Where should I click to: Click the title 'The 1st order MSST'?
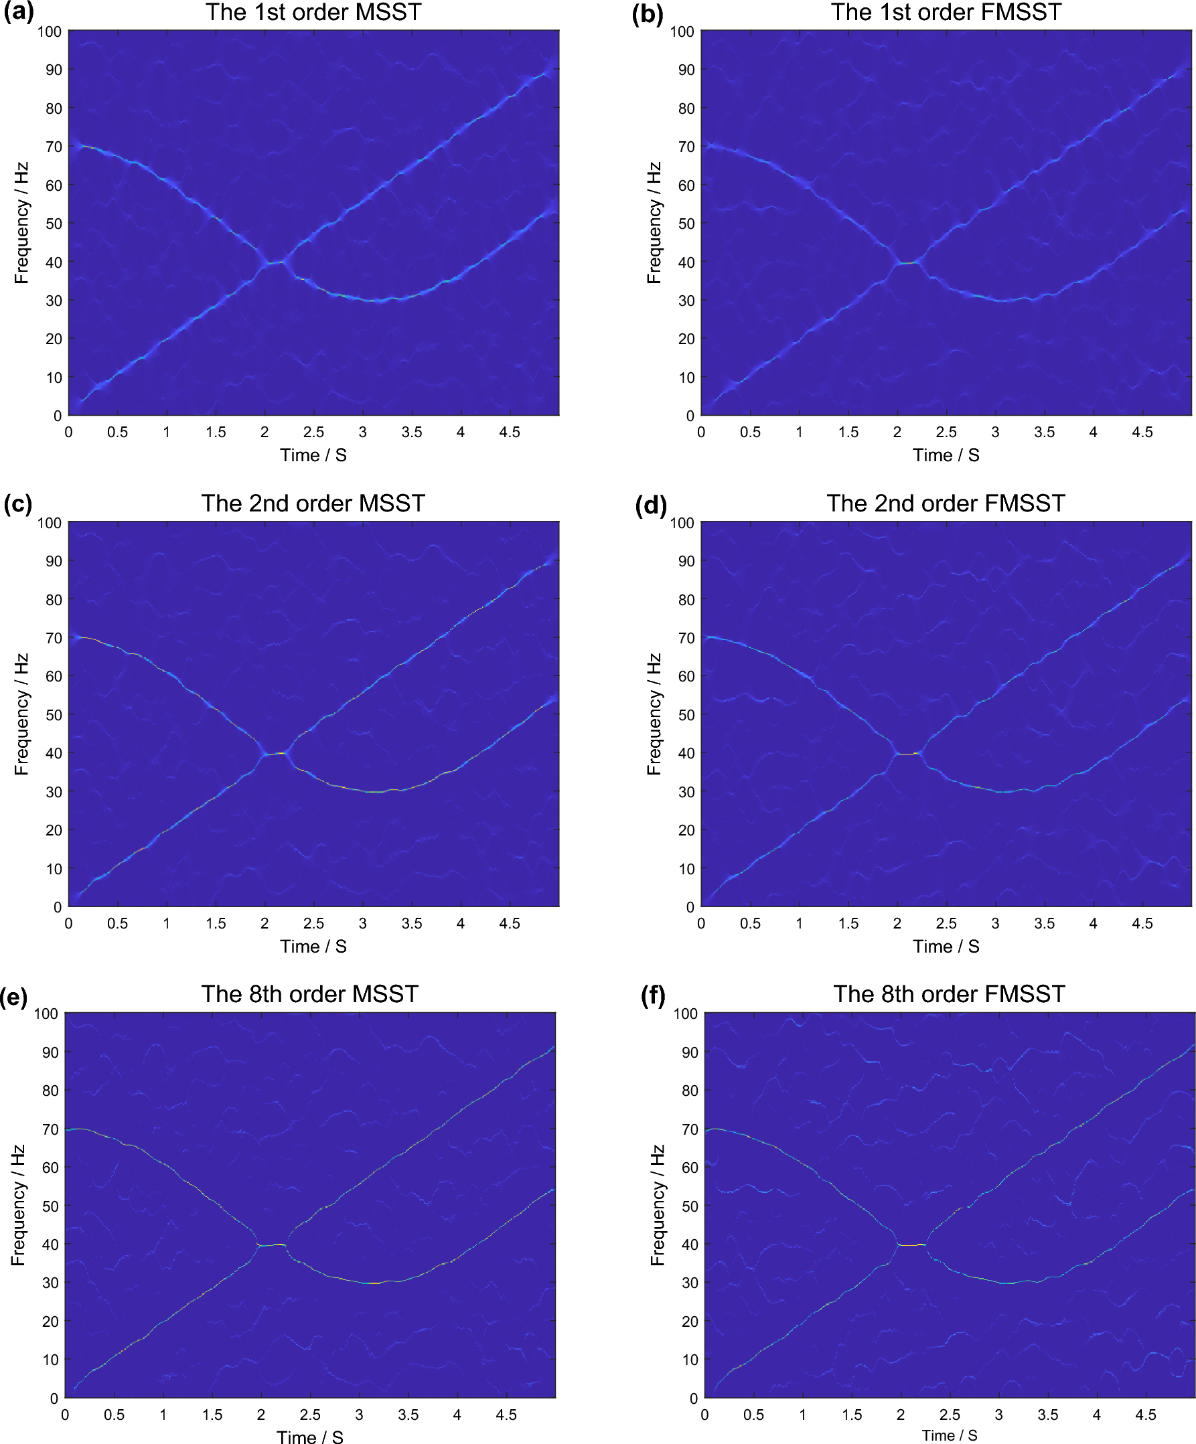click(313, 12)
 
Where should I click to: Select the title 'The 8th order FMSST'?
click(948, 993)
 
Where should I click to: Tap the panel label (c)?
click(18, 504)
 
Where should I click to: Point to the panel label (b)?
click(647, 14)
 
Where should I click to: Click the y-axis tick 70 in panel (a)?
click(54, 147)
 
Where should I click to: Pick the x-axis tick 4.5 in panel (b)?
click(1142, 432)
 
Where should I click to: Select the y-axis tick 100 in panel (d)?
click(682, 523)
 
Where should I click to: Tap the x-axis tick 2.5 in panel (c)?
click(313, 922)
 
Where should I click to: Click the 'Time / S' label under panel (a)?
click(313, 455)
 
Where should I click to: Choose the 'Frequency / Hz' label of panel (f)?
click(658, 1205)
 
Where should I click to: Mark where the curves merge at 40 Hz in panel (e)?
click(272, 1245)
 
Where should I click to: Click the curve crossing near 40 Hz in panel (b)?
click(908, 262)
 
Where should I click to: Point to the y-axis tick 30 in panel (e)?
click(50, 1283)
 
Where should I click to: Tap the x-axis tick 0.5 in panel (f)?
click(753, 1415)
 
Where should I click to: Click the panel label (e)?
click(14, 996)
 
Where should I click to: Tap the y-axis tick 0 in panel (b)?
click(690, 415)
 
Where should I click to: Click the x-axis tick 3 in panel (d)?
click(994, 922)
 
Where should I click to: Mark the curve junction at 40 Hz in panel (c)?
click(275, 754)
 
